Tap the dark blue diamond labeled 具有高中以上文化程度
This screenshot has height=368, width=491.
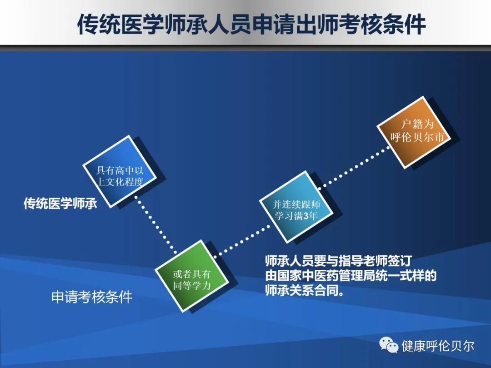(x=120, y=171)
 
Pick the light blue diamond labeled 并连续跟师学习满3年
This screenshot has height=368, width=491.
(x=296, y=207)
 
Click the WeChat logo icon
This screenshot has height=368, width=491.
(x=388, y=345)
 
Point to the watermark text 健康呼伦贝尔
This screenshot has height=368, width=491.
(x=438, y=346)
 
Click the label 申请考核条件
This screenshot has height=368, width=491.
(x=92, y=297)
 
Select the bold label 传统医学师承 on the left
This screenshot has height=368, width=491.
(x=60, y=204)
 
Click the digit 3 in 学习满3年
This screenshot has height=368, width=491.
(x=306, y=216)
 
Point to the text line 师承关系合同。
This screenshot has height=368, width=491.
(x=304, y=290)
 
